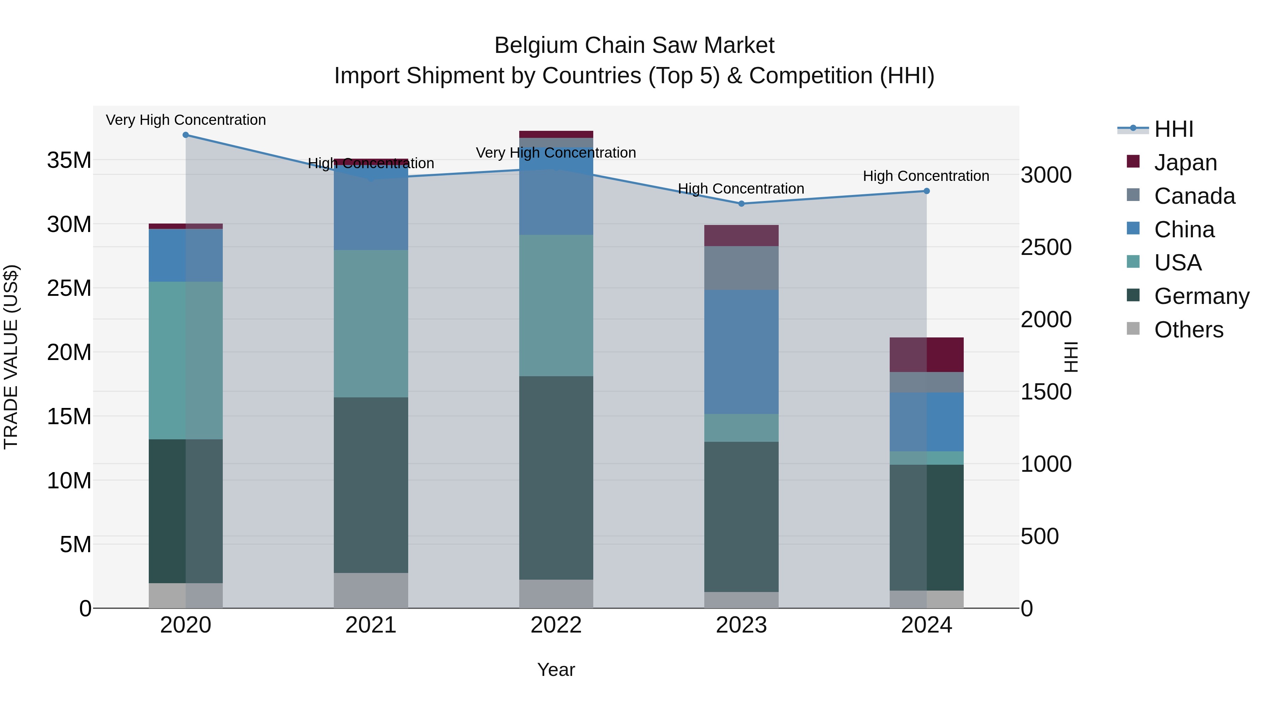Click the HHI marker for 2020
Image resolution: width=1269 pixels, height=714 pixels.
click(186, 135)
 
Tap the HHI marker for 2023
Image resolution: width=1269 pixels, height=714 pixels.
click(741, 203)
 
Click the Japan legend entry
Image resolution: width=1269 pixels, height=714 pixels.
click(1185, 163)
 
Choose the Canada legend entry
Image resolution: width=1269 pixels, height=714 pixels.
click(1194, 196)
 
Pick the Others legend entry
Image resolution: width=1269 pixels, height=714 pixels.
click(1188, 330)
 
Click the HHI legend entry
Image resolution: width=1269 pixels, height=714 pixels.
click(1173, 129)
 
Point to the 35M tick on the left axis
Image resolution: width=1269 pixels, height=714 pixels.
click(69, 160)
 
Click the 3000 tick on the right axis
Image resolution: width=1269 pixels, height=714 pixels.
click(1046, 175)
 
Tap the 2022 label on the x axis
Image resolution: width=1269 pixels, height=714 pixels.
click(556, 625)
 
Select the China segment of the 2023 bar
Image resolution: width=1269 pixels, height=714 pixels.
click(741, 352)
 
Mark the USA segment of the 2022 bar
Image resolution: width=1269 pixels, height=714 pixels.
click(556, 305)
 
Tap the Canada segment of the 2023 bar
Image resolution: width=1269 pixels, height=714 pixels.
click(741, 268)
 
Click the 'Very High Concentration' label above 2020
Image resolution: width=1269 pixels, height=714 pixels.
click(186, 120)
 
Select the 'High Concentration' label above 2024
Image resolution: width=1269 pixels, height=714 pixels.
click(926, 176)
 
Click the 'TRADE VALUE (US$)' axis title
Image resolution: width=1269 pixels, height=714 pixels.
click(11, 357)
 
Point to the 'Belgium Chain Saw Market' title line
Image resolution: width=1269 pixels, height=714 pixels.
click(634, 45)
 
